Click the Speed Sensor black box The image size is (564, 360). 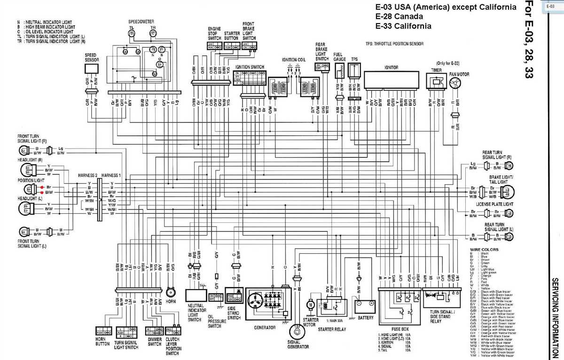coord(92,69)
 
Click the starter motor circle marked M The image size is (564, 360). coord(310,305)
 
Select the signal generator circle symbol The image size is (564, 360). coord(296,330)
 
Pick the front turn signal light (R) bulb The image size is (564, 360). coord(22,151)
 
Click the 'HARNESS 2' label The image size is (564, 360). coord(87,175)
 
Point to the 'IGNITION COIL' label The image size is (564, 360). coord(293,60)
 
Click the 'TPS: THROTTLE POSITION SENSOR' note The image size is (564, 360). coord(394,43)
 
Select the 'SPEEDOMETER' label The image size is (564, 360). coord(140,22)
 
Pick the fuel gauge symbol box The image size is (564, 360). coord(340,71)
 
